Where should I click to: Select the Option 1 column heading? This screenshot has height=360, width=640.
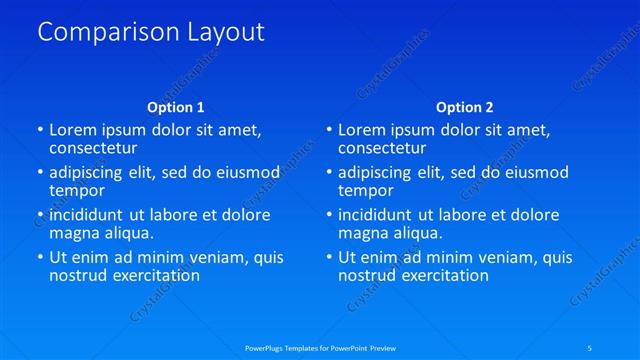(175, 107)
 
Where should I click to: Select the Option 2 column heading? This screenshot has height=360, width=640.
(464, 107)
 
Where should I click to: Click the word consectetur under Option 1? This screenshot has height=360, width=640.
(92, 147)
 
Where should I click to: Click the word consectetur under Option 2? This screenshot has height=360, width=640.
(381, 147)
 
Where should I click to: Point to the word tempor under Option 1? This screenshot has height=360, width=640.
(77, 190)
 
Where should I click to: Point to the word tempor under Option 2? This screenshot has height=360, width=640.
(366, 190)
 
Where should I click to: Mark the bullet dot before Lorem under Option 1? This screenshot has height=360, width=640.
(39, 130)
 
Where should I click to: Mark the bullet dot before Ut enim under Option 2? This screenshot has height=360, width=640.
(328, 258)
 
